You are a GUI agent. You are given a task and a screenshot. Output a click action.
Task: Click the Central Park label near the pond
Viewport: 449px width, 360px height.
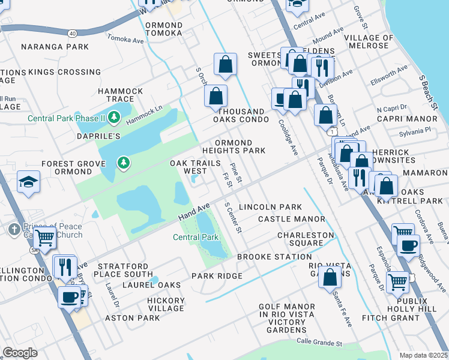point(196,238)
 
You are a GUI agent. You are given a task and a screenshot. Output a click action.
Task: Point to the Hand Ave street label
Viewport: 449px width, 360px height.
point(194,212)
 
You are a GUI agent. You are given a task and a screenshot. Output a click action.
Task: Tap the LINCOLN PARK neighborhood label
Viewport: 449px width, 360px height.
point(270,207)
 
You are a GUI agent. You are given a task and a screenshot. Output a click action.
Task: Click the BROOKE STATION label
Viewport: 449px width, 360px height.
point(265,257)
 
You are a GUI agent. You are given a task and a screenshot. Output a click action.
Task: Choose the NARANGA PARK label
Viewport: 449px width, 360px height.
point(55,47)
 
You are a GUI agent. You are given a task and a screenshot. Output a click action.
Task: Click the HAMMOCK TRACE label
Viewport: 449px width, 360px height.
point(120,95)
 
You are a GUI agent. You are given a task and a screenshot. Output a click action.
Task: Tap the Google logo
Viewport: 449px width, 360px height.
point(20,353)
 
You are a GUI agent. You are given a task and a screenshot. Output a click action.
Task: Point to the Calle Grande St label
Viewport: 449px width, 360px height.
point(319,343)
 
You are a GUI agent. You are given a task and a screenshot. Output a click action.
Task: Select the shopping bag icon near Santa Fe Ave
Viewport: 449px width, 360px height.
point(330,278)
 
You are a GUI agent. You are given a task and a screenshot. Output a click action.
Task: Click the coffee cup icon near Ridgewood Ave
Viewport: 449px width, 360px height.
point(408,245)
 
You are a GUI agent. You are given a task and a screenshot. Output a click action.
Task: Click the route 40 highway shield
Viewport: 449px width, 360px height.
point(73,32)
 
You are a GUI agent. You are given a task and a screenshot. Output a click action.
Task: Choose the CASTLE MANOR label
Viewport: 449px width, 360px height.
point(291,220)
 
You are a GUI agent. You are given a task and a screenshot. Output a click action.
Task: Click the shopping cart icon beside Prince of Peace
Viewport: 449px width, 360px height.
point(45,238)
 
